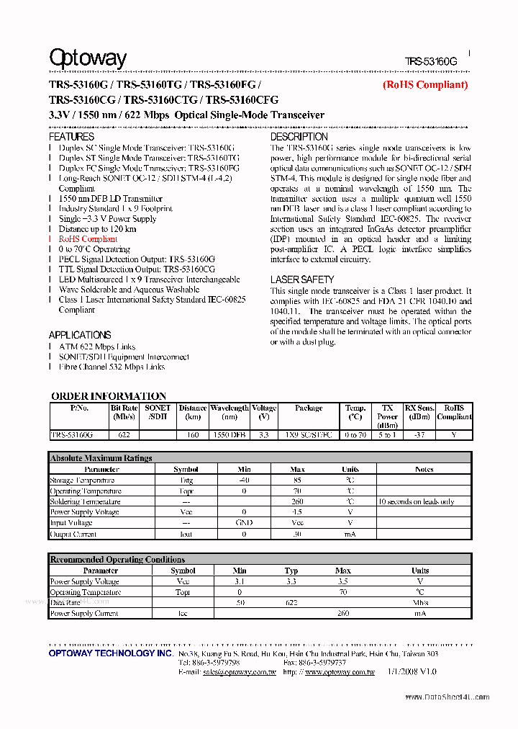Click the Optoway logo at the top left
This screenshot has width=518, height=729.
pos(88,58)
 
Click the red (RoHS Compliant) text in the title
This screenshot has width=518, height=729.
pos(424,85)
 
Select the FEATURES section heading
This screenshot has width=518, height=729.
pos(71,137)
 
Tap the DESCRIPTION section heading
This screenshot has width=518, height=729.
pos(299,137)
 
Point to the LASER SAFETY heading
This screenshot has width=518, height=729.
pos(302,279)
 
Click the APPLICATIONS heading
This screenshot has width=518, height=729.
pos(80,335)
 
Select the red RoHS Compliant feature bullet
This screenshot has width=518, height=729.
pos(88,239)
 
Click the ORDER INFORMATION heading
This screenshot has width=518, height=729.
pos(109,396)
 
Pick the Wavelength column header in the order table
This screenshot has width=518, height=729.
pos(230,408)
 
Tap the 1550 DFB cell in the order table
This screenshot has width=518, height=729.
pos(230,435)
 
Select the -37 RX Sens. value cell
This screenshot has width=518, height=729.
pos(419,435)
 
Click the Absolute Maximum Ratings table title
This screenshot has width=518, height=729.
pos(101,458)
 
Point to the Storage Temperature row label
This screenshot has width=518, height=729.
pos(82,480)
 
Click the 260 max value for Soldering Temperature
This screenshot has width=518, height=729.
pos(297,501)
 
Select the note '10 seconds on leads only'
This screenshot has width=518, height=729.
pos(416,501)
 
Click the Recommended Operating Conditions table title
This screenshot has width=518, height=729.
pos(117,560)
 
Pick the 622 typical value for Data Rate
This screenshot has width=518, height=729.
pos(291,602)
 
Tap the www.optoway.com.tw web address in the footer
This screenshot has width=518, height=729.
pos(340,672)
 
